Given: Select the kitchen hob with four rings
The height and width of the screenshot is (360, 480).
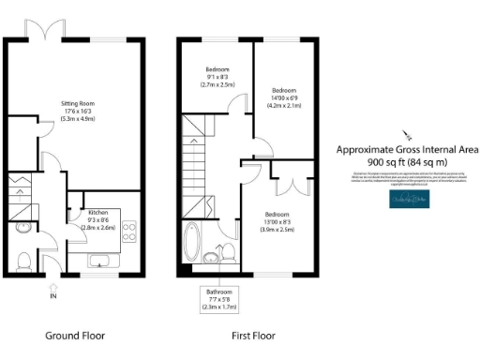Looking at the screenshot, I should click(129, 230).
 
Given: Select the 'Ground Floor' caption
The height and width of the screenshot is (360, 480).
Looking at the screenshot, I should click(75, 335).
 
